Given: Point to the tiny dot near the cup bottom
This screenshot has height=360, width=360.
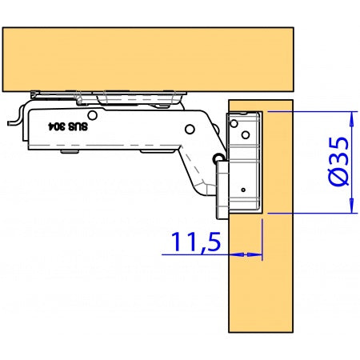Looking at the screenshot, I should (x=243, y=190).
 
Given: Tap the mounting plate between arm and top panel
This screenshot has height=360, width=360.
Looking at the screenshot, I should (x=120, y=96).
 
